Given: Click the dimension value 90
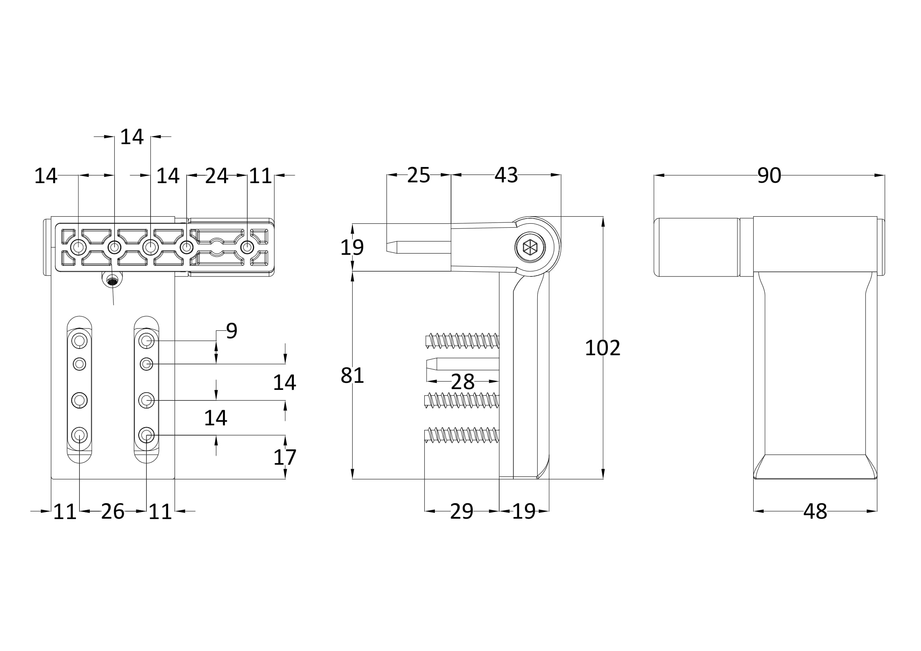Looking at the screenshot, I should click(769, 176).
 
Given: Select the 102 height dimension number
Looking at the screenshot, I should click(602, 348).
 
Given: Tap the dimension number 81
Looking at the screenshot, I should click(352, 376).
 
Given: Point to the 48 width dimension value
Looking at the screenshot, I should click(815, 512).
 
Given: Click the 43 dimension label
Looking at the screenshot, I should click(506, 175).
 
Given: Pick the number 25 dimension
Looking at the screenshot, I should click(418, 175).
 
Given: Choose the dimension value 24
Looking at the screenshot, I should click(217, 176).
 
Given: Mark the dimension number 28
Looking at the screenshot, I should click(462, 382).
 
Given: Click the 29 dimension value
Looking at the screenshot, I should click(461, 512).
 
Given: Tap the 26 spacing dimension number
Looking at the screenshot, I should click(112, 512).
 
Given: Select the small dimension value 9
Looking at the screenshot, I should click(232, 331).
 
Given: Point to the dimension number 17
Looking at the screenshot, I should click(284, 457).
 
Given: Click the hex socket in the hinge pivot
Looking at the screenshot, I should click(530, 247).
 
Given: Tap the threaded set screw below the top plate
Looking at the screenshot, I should click(113, 282).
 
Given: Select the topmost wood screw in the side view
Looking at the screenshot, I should click(462, 341).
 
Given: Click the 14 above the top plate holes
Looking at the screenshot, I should click(132, 137).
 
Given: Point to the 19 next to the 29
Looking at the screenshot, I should click(524, 512).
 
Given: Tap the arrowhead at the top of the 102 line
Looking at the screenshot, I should click(603, 222).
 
